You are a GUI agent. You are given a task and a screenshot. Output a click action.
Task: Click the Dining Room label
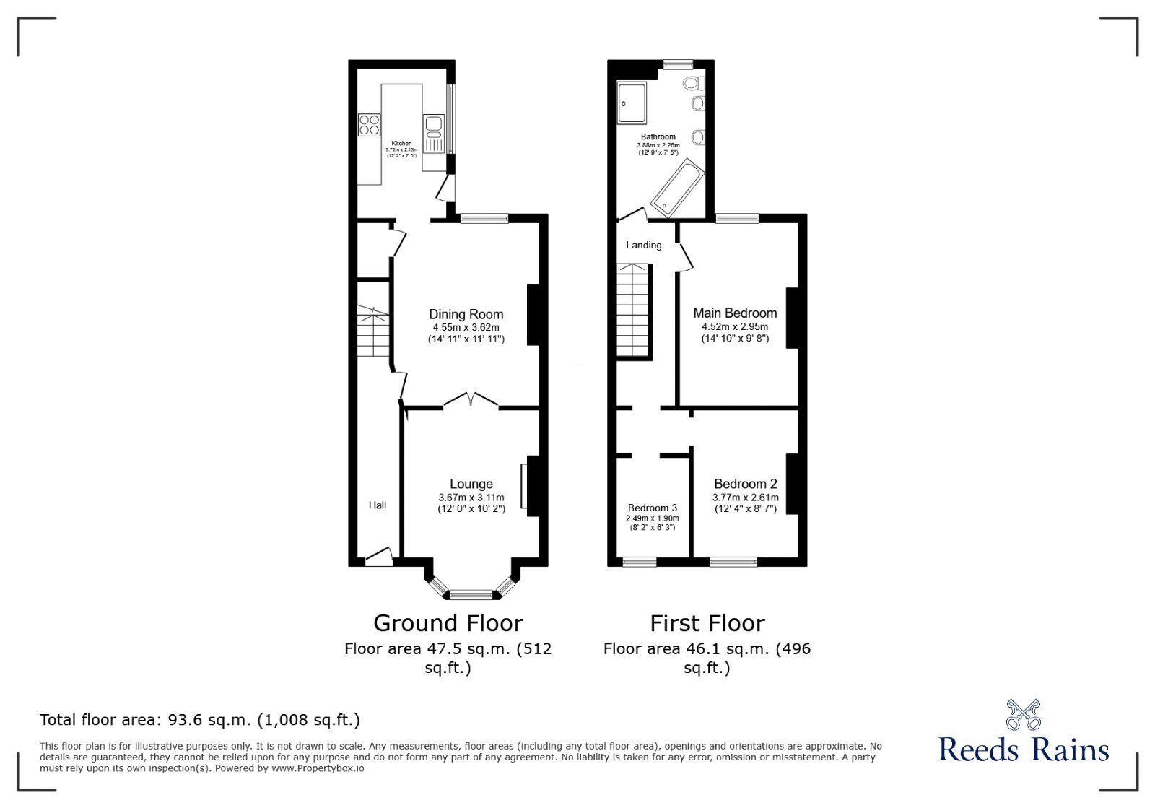tap(466, 314)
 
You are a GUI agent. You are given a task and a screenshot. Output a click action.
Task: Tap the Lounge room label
tap(471, 484)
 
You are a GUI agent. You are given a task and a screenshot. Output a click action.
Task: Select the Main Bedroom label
tap(735, 313)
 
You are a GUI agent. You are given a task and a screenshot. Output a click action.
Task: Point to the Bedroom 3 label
tap(652, 508)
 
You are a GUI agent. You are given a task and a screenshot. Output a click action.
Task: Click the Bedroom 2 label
tap(745, 484)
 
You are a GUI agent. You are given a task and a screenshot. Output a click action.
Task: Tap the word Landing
tap(643, 245)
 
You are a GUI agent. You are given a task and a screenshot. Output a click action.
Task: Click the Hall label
tap(378, 505)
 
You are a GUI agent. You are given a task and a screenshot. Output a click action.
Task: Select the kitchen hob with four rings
tap(370, 125)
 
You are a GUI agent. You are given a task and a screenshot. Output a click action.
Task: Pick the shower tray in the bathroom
tap(632, 103)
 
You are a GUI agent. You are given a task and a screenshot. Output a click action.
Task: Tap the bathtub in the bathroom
tap(677, 187)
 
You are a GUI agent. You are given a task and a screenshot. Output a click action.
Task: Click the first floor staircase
tap(633, 310)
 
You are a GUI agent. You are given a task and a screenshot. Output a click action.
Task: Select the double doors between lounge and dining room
tap(470, 401)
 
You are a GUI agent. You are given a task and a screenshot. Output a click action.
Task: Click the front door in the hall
tap(378, 557)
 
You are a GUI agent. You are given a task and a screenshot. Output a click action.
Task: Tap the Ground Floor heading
tap(448, 623)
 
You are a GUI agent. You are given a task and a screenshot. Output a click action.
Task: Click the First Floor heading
tap(707, 623)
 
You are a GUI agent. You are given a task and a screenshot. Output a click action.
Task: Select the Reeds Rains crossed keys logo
tap(1023, 714)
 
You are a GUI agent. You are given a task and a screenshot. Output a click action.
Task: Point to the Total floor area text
tap(199, 720)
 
